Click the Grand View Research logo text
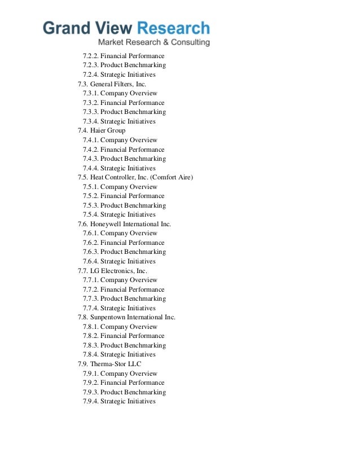pyautogui.click(x=126, y=28)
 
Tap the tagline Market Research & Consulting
pyautogui.click(x=154, y=43)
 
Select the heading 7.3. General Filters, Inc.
pyautogui.click(x=112, y=84)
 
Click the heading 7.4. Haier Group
pyautogui.click(x=102, y=130)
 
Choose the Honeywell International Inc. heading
pyautogui.click(x=124, y=224)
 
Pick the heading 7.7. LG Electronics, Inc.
pyautogui.click(x=112, y=271)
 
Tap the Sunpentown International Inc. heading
pyautogui.click(x=126, y=317)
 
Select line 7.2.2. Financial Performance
pyautogui.click(x=124, y=56)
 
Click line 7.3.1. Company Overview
pyautogui.click(x=120, y=93)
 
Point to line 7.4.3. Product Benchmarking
pyautogui.click(x=124, y=159)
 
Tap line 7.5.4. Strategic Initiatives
pyautogui.click(x=119, y=214)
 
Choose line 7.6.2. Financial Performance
pyautogui.click(x=124, y=243)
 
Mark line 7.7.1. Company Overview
pyautogui.click(x=120, y=280)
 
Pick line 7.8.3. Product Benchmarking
pyautogui.click(x=124, y=345)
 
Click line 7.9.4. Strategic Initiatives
pyautogui.click(x=119, y=401)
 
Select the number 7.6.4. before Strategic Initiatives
pyautogui.click(x=90, y=261)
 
